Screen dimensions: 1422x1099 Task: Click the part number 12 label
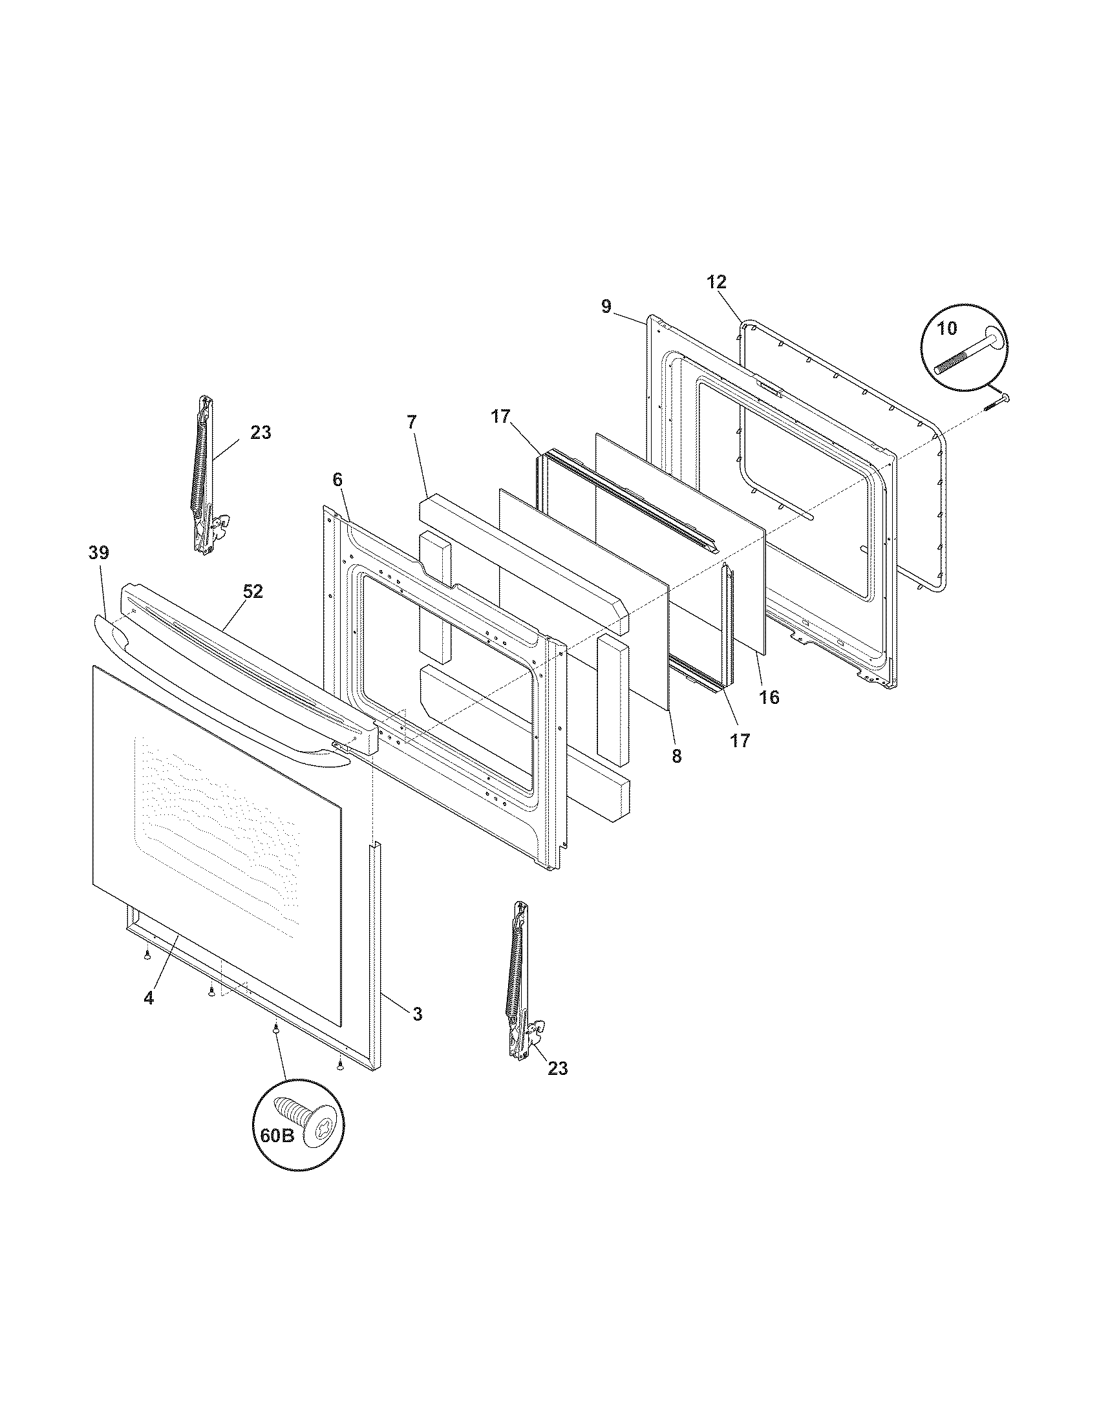717,282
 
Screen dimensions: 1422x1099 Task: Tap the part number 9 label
606,306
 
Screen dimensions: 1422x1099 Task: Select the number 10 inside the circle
947,328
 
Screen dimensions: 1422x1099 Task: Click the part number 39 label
99,553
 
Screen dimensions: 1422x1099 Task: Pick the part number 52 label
253,591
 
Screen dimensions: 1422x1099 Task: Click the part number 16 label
769,697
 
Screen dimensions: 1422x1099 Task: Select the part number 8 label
676,757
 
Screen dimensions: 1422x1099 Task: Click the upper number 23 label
261,432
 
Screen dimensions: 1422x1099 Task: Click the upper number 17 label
500,417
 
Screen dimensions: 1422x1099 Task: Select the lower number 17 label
740,740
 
